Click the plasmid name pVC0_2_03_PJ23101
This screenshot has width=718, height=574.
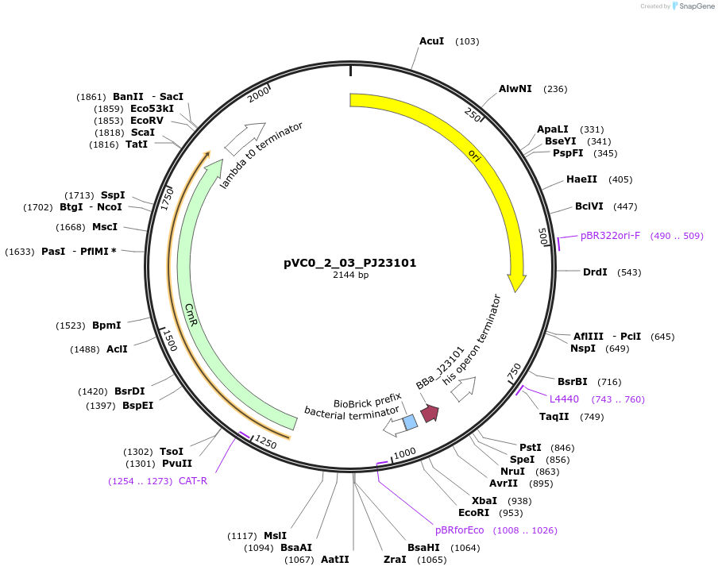tap(350, 263)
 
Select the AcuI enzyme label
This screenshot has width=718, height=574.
tap(431, 41)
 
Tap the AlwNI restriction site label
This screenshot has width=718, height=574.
tap(515, 89)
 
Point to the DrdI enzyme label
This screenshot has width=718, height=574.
tap(595, 272)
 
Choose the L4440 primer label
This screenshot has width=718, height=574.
tap(564, 399)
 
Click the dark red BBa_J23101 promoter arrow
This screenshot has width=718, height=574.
tap(430, 414)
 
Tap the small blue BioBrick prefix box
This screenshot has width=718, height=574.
tap(410, 422)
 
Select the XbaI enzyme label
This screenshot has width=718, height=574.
tap(484, 501)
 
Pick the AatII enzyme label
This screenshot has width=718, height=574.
tap(335, 560)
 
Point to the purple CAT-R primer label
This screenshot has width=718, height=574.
tap(193, 480)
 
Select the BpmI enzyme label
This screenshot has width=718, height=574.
tap(106, 326)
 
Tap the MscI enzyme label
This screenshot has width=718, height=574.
tap(105, 227)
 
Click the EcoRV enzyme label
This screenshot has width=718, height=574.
tap(147, 121)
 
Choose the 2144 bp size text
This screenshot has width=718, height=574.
tap(350, 275)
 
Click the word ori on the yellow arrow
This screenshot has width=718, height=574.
tap(474, 153)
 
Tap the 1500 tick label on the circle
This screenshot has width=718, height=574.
tap(169, 339)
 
